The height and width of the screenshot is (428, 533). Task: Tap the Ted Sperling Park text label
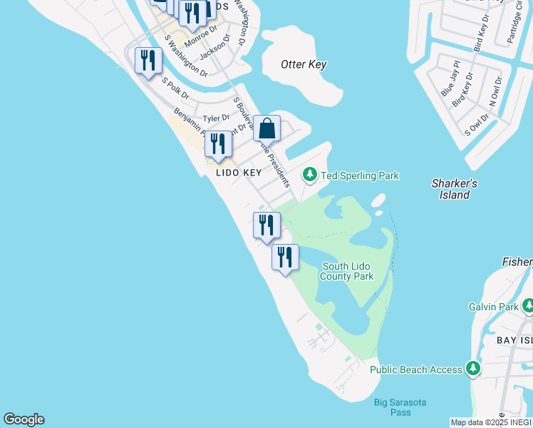coord(360,175)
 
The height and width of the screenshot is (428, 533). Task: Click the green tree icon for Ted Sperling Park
coord(309,174)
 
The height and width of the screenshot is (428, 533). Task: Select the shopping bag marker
coord(267,129)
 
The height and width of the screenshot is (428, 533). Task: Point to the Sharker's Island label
coord(454,189)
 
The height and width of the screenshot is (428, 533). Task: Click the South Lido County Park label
coord(347,271)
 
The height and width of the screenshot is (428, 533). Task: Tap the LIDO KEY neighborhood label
coord(239,173)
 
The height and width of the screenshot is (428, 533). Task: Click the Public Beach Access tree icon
coord(472,369)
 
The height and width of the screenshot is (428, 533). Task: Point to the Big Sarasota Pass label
coord(400,408)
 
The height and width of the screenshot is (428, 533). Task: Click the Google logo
coord(24,419)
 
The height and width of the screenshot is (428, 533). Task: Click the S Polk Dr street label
coord(175,88)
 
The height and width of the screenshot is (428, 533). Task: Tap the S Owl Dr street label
coord(477,124)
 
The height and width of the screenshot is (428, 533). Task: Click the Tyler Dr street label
coord(217,118)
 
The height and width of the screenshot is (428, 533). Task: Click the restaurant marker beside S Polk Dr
coord(148,61)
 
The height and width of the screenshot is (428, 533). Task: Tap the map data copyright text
coord(491,422)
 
